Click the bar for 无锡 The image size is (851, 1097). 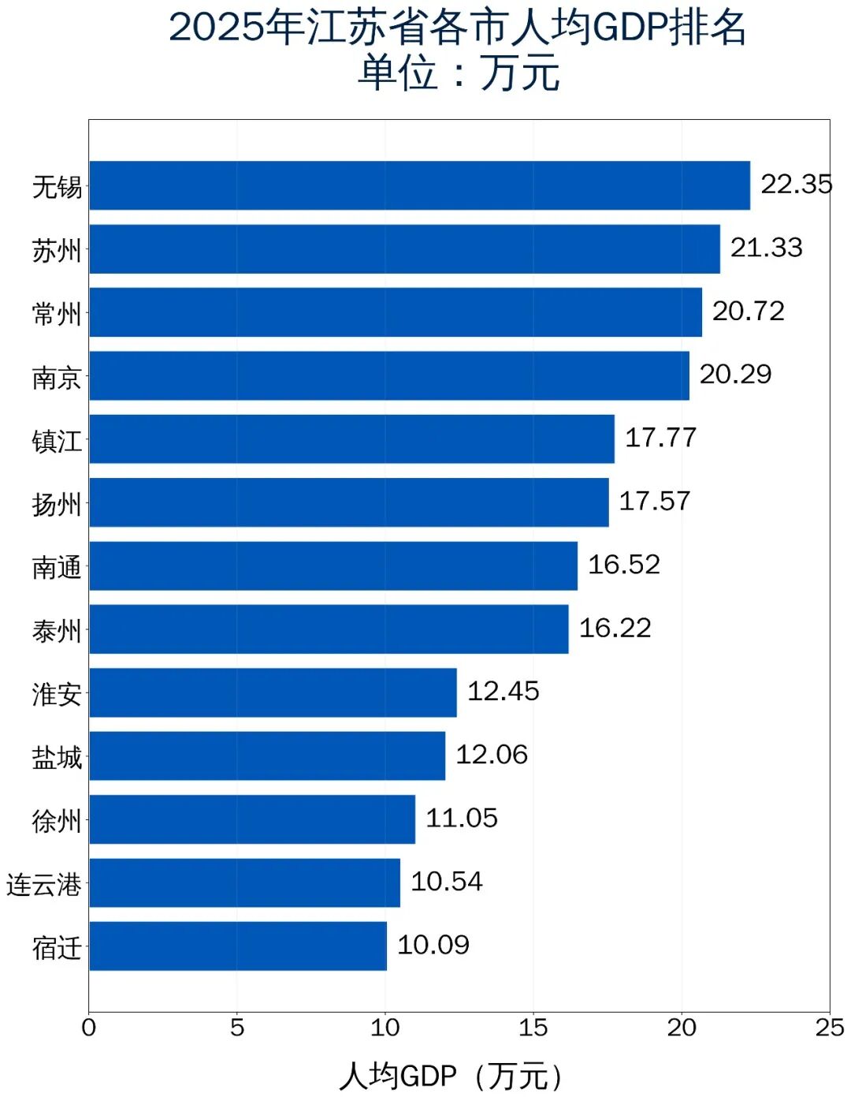coord(419,185)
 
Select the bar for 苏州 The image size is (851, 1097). coord(404,249)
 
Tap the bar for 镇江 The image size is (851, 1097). coord(351,439)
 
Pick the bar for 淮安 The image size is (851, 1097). coord(273,692)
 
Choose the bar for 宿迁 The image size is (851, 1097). coord(238,946)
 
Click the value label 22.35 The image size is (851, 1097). coord(796,185)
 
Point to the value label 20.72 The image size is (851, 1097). coord(748,312)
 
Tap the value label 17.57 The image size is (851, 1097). coord(654,502)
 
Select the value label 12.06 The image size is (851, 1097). coord(492,755)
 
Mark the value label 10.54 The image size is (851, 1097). coord(446,882)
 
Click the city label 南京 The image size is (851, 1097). coord(57,378)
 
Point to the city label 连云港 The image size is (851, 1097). coord(44,885)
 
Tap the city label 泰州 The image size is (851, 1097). coord(57,631)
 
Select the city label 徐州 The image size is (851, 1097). coord(57,821)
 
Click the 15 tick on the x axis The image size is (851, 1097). coord(533,1028)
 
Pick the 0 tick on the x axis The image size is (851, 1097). coord(89,1028)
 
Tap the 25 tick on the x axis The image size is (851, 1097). coord(830,1028)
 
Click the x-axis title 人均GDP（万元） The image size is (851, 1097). coord(452,1075)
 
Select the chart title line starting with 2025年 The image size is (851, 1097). coord(457,28)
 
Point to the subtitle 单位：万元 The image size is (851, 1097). coord(459,73)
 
